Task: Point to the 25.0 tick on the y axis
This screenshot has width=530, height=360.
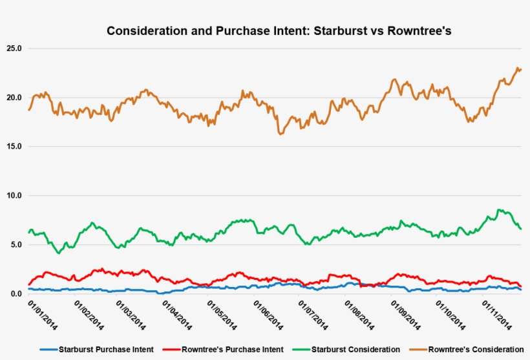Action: (x=13, y=48)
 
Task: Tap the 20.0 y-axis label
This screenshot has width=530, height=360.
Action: (x=13, y=98)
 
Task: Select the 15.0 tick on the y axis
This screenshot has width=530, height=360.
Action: (x=13, y=147)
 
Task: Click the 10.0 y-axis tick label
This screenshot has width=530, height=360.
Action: (x=13, y=196)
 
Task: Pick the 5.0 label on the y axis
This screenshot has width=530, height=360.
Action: (x=15, y=245)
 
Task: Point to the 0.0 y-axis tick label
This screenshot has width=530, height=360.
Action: (x=15, y=294)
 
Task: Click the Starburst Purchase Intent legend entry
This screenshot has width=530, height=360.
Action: (x=106, y=349)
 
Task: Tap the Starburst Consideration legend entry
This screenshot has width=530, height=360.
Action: (x=355, y=349)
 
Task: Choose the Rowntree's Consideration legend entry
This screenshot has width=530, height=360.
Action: (x=476, y=349)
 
